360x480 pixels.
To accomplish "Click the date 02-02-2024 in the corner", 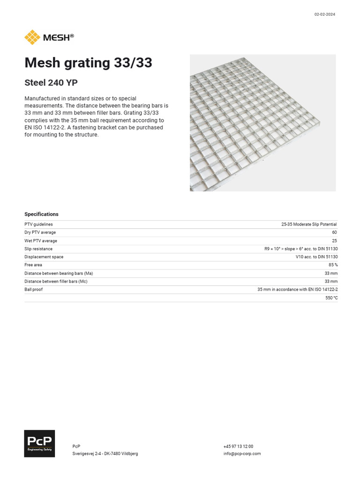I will coord(324,14).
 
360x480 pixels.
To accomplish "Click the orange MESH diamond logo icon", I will coord(32,37).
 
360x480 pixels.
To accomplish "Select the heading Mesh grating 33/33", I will coord(88,63).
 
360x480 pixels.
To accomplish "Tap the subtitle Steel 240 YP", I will coord(51,83).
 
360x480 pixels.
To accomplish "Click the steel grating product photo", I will coord(262,123).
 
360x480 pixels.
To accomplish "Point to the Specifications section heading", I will coord(41,214).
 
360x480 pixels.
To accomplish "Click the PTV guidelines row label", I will coord(38,225).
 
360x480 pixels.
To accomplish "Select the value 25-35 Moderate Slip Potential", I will coord(309,225).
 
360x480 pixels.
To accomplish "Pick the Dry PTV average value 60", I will coord(335,232).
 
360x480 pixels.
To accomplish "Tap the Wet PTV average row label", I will coord(41,241).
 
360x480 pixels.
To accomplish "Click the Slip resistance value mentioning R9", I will coord(301,249).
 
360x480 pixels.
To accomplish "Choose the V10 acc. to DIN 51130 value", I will coord(316,257).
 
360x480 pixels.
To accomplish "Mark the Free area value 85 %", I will coord(333,265).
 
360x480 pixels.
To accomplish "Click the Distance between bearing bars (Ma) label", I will coord(59,273).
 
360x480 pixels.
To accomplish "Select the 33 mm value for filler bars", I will coord(331,281).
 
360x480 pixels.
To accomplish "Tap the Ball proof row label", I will coord(33,290).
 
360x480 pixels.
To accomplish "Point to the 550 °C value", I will coord(331,298).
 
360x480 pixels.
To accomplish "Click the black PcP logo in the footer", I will coord(39,443).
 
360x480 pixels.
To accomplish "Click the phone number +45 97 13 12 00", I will coord(238,447).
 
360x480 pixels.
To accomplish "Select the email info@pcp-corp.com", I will coord(242,454).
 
